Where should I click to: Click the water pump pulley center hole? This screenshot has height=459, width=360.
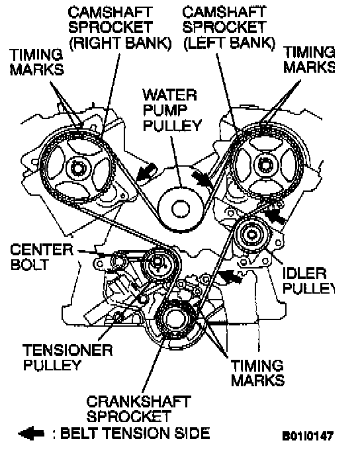coord(181,209)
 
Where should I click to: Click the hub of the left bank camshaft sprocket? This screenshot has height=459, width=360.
coord(265,165)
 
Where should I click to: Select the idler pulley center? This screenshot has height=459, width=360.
coord(251,235)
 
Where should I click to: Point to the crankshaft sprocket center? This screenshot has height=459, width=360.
coord(173,319)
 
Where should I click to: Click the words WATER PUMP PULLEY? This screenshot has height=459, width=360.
coord(172,110)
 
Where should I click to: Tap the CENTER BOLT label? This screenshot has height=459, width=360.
coord(41,257)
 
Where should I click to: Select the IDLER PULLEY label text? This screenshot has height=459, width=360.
coord(308,281)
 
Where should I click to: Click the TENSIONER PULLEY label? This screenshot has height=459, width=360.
coord(67,357)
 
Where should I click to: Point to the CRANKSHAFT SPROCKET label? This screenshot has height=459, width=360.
coord(138,409)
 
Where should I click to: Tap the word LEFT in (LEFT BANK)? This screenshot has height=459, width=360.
coord(204,44)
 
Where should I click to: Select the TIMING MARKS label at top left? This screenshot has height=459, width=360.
coord(37,62)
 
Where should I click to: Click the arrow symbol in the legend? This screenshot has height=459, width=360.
coord(31,434)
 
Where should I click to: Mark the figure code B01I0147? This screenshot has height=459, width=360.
coord(308,436)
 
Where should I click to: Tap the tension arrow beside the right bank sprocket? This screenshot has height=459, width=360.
coord(146,172)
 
